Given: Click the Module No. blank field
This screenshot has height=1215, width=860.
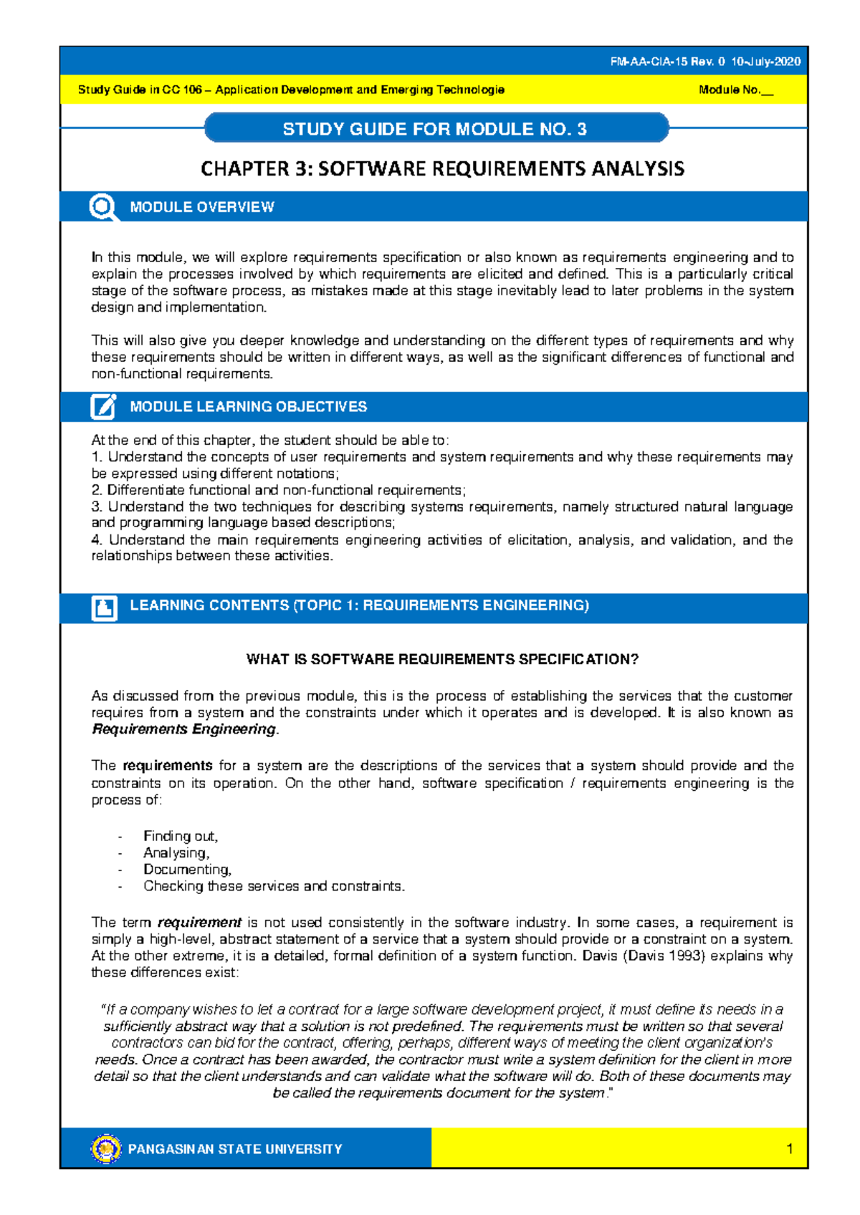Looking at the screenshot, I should pos(768,91).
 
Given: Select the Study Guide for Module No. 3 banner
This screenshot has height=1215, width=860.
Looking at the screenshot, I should pos(435,129).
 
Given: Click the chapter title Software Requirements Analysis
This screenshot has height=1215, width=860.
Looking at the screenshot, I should pos(442,169).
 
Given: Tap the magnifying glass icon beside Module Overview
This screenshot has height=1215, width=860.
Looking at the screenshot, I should pos(103,208).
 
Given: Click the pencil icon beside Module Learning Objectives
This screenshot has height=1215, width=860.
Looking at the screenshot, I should pos(103,406).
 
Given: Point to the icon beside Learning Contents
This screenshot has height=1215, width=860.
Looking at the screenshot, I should pos(105,607).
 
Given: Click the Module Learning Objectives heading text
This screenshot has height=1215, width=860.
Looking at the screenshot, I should pos(248,407).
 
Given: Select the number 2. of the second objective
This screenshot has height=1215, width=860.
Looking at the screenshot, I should pos(97,491).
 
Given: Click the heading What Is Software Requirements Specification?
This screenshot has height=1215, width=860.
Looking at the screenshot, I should pos(442,660).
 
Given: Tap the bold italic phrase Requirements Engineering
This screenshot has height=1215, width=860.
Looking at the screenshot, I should pos(184,729).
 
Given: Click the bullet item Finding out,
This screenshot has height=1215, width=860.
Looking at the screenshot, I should pos(181,836).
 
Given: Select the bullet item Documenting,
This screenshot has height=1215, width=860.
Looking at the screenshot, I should pos(187,870).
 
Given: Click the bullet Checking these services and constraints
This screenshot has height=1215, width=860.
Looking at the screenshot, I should pos(274,886).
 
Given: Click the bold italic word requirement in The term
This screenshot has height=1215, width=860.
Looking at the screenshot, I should pos(199,923).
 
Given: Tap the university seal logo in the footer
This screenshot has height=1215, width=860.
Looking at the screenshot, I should pos(106,1149).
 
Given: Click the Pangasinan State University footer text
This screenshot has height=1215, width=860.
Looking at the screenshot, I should pos(235,1149).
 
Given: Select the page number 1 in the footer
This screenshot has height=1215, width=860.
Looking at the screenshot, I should pos(789,1149).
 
